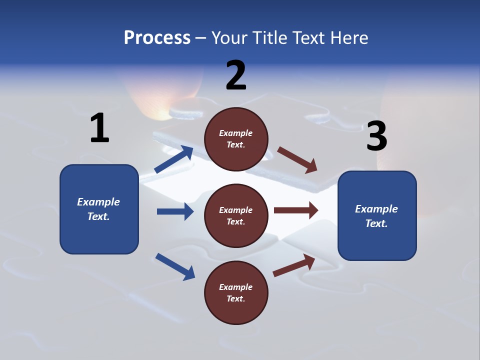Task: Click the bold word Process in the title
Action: [157, 37]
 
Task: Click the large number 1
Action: [99, 128]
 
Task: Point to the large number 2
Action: [236, 75]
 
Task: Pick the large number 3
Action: [376, 136]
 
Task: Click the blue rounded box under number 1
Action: [99, 209]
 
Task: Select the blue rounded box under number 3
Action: [377, 215]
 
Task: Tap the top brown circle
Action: [236, 139]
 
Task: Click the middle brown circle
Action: [236, 215]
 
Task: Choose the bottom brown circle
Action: [236, 292]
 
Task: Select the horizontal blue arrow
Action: [175, 211]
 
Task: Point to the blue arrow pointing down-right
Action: [175, 266]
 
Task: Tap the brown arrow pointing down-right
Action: [297, 160]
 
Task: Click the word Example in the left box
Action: [98, 202]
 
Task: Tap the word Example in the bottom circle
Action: [235, 287]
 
